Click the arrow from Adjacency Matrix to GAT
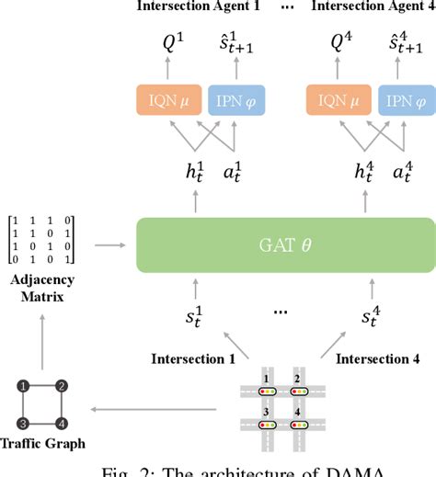pyautogui.click(x=109, y=244)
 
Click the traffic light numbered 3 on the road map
pyautogui.click(x=269, y=425)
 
